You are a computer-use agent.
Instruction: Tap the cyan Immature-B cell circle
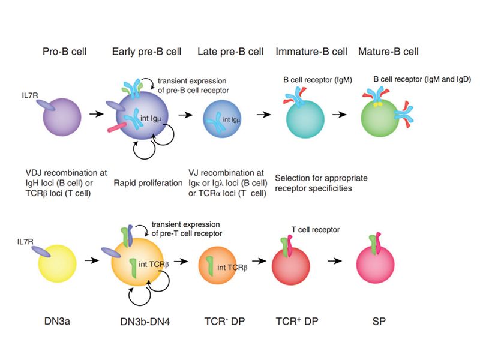point(304,116)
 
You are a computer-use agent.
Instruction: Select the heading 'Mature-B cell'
point(388,52)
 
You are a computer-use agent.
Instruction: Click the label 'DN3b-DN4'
point(145,322)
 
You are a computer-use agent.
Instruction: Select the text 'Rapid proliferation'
point(148,182)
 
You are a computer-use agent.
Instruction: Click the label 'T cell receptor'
point(316,230)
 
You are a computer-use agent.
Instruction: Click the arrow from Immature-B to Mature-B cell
point(339,114)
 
